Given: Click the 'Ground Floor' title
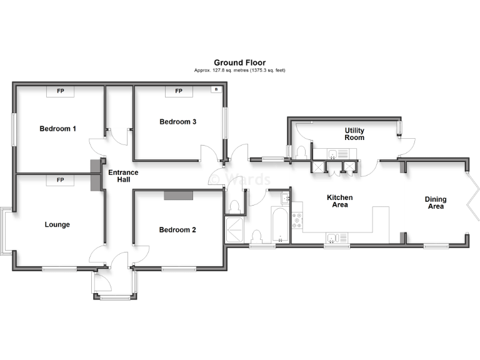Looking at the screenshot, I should [239, 62].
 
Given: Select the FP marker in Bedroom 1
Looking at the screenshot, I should [61, 91].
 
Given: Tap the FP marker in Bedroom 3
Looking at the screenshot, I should [178, 91].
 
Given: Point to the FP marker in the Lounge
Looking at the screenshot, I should [61, 181].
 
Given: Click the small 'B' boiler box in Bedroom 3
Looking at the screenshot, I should [216, 90].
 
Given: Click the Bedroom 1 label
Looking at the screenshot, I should [57, 129].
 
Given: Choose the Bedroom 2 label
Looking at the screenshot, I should [177, 230].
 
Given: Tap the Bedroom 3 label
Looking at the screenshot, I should [177, 122].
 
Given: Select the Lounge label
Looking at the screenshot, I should [57, 224].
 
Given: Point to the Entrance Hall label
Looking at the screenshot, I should [123, 176].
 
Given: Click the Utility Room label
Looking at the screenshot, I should [354, 134].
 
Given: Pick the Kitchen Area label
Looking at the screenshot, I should [340, 201].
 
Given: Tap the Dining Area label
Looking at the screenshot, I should [435, 202].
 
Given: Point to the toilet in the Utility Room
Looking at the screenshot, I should [301, 151].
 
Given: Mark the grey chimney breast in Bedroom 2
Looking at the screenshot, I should [179, 196].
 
